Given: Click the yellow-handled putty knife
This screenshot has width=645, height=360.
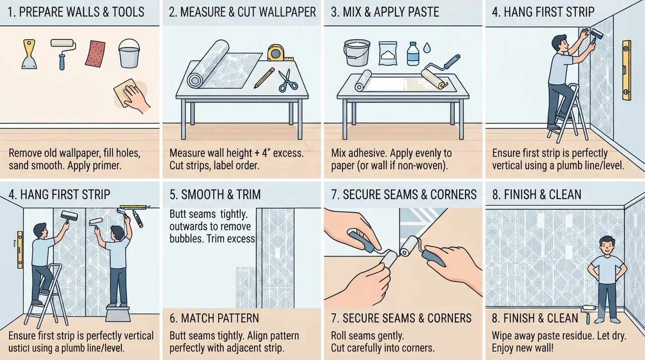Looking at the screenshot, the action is click(29, 55).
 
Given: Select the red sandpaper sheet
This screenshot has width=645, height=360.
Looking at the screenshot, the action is click(95, 54).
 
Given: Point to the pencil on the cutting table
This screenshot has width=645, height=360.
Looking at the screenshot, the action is click(264, 78).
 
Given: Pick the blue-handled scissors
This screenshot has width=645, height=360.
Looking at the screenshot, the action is click(287, 80).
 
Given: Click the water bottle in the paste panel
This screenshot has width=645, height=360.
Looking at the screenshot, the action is click(413, 53).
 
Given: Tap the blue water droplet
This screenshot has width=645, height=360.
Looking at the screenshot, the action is click(427, 48).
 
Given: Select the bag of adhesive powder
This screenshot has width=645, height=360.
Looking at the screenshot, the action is click(388, 53).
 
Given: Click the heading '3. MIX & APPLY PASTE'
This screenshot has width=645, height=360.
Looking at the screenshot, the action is click(385, 12).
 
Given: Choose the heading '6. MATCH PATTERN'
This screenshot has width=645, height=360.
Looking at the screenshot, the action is click(214, 318).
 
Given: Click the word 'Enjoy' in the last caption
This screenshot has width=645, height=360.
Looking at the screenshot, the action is click(503, 348).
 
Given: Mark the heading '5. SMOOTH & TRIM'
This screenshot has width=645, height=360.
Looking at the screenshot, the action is click(215, 195).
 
